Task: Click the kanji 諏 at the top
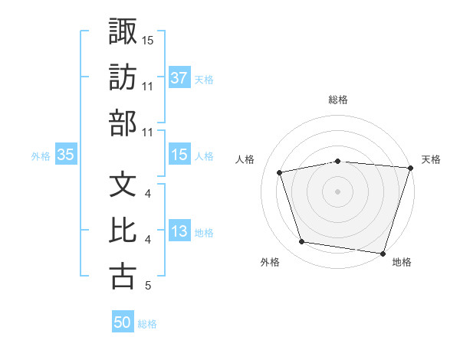tap(123, 31)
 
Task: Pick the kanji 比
tap(123, 231)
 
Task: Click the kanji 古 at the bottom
tap(123, 277)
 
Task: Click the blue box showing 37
tap(179, 77)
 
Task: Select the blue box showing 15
tap(179, 155)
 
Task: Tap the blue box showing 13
tap(179, 232)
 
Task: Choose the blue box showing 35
tap(65, 155)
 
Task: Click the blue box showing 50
tap(123, 322)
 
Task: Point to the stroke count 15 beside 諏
tap(148, 40)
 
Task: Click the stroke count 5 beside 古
tap(147, 286)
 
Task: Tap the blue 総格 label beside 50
tap(147, 324)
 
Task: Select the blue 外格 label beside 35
tap(41, 156)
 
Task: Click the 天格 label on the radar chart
tap(432, 159)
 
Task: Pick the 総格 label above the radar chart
tap(337, 100)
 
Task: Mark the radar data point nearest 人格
tap(281, 172)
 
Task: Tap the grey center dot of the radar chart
tap(337, 191)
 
